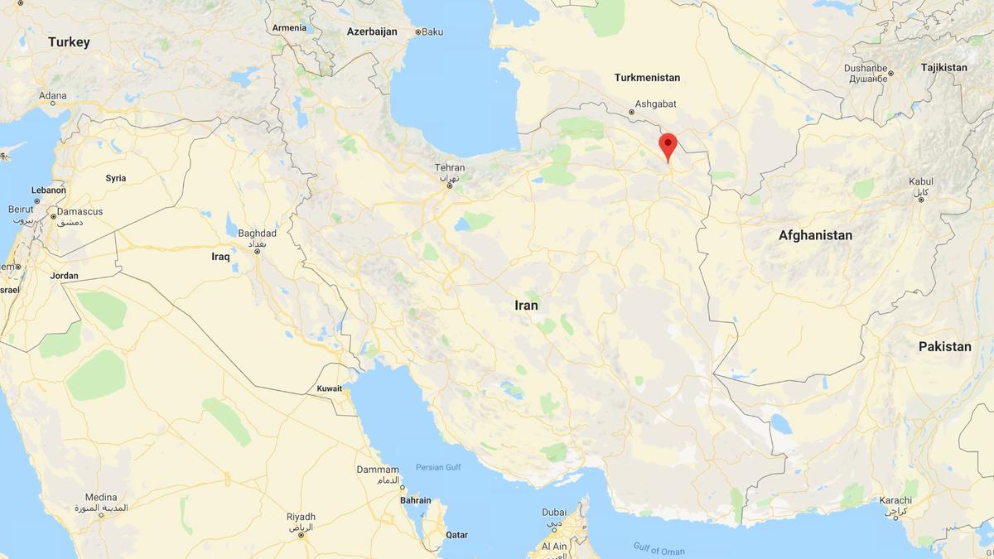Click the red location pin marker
coord(668,146)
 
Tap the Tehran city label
coord(450,168)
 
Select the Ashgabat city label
coord(655,104)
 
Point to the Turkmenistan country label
coord(647,78)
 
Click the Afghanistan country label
coord(815,235)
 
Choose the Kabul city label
coord(920,182)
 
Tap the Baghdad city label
coord(257,234)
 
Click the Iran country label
coord(526,306)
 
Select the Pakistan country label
coord(944,346)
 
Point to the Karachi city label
coord(896,501)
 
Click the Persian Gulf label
coord(438,467)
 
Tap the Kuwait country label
coord(330,388)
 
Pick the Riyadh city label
coord(301,516)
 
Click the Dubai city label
coord(554,513)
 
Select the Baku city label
coord(432,31)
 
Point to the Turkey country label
coord(69,42)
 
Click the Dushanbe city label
coord(866,69)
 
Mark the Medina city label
coord(101,498)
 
